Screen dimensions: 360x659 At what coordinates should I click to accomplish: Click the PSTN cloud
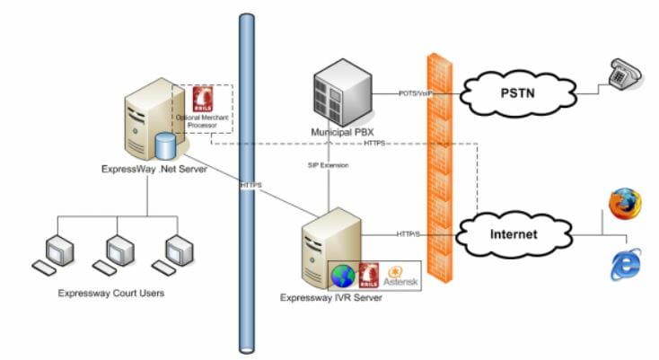click(x=515, y=91)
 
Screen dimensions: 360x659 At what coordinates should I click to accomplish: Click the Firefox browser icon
click(x=621, y=205)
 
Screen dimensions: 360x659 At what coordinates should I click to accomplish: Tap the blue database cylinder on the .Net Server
click(x=164, y=146)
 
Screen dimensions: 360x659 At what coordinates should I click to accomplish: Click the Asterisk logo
click(x=395, y=275)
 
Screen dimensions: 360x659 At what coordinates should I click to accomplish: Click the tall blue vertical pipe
click(x=247, y=180)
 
